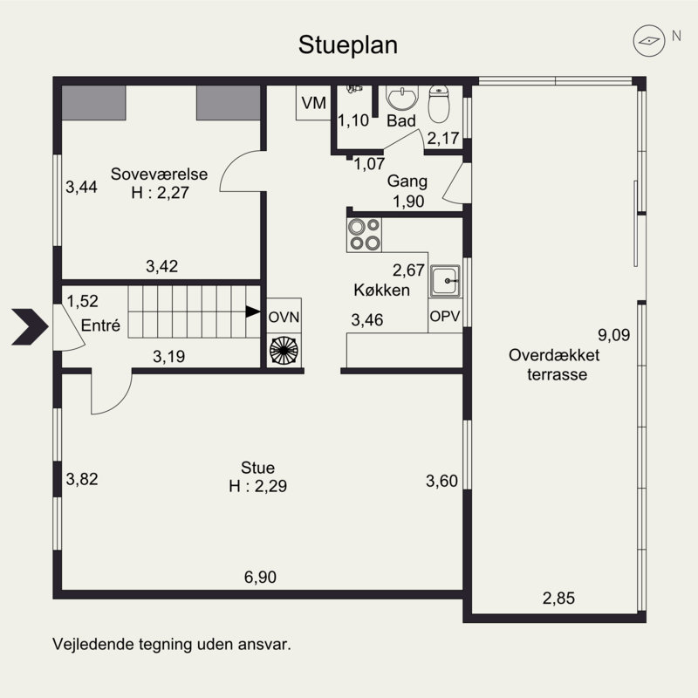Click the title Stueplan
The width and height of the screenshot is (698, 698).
(x=347, y=45)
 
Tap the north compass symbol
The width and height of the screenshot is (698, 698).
(x=649, y=40)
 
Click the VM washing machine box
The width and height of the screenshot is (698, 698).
(x=313, y=103)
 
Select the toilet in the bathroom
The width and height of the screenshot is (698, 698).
(x=439, y=104)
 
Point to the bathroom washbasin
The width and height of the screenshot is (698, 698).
(x=402, y=97)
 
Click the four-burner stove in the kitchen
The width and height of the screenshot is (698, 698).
(x=364, y=235)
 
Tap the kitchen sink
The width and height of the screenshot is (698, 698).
(x=445, y=281)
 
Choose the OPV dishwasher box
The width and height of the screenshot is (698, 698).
(x=445, y=316)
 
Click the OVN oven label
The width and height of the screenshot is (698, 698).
(x=284, y=318)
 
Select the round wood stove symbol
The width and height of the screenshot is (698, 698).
(x=284, y=351)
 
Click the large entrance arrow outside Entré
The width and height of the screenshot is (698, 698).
(x=30, y=326)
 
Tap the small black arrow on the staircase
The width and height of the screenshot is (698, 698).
(x=253, y=311)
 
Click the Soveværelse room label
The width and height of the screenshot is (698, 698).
(x=159, y=174)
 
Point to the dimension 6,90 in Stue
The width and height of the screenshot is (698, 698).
(x=260, y=578)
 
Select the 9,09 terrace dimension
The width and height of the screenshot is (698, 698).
(x=614, y=335)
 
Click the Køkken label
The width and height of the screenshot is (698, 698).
(x=381, y=291)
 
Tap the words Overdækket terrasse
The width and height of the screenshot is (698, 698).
(x=555, y=365)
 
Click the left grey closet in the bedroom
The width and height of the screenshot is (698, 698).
(x=93, y=103)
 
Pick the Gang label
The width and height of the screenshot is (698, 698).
(x=407, y=181)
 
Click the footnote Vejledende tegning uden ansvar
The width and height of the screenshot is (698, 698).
(x=172, y=644)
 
